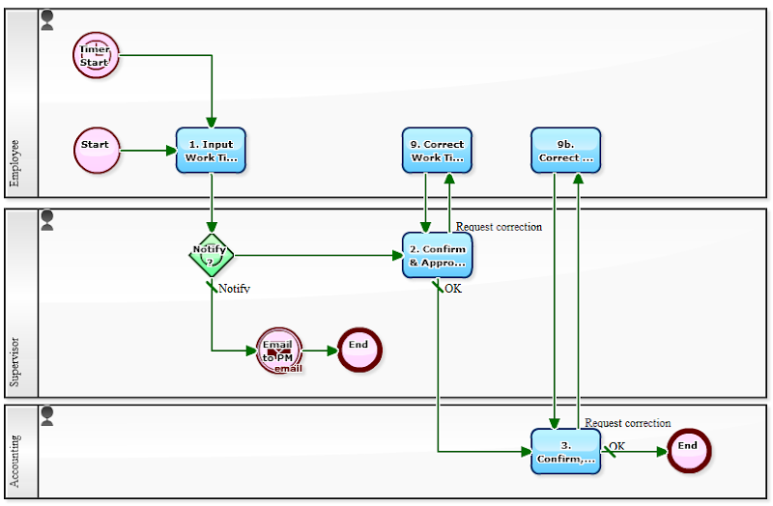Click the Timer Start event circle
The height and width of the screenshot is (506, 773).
(96, 54)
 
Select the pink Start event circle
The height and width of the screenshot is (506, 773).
(97, 151)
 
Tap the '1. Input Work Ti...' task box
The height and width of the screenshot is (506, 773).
(211, 151)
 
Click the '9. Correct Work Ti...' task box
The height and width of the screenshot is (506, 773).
(437, 151)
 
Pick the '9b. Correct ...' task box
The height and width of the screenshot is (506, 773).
(565, 151)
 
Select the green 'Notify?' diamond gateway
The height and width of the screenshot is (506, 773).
(211, 255)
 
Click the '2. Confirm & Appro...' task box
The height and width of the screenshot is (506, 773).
(437, 255)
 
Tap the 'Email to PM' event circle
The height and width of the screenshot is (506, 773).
(279, 351)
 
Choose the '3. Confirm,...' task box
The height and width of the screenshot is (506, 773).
(565, 451)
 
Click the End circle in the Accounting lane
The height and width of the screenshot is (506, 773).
(687, 451)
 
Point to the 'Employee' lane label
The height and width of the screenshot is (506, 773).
(14, 163)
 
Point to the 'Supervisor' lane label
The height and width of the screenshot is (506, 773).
(14, 361)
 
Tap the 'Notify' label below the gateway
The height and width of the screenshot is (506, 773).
(234, 288)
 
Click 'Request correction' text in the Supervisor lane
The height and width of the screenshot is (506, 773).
(499, 227)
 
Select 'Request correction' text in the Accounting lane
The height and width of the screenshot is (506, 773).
(627, 423)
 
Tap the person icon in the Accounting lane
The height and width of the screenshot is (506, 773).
(47, 416)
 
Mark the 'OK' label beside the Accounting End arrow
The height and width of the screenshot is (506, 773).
(616, 446)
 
